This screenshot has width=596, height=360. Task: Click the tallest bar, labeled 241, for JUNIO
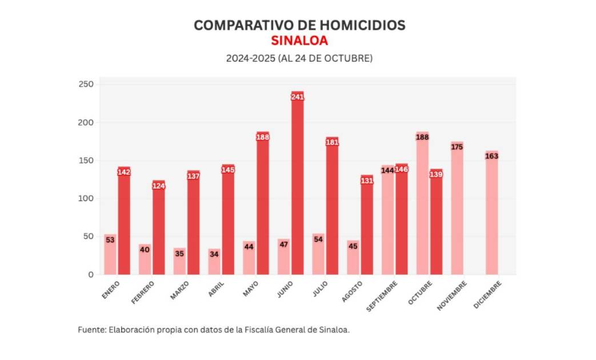tap(297, 189)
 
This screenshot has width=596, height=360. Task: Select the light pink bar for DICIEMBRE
tap(491, 217)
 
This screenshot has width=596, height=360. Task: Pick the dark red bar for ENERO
tap(124, 223)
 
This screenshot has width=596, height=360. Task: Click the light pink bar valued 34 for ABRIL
tap(214, 263)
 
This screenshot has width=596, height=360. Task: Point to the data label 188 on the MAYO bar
tap(263, 137)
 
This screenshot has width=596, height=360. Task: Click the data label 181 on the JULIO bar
tap(332, 142)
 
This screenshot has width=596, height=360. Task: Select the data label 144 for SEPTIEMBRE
tap(388, 170)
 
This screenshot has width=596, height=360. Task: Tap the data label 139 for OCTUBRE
tap(436, 174)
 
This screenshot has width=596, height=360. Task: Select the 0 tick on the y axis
tap(90, 274)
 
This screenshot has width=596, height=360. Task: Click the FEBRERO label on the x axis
tap(143, 292)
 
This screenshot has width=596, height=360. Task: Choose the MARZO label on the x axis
tap(179, 290)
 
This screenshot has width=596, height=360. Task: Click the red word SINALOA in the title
tap(299, 41)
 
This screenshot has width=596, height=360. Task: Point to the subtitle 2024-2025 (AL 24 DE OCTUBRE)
tap(299, 58)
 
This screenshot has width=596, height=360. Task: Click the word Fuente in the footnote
tap(91, 330)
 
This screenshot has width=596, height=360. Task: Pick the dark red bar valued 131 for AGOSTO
tap(367, 229)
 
